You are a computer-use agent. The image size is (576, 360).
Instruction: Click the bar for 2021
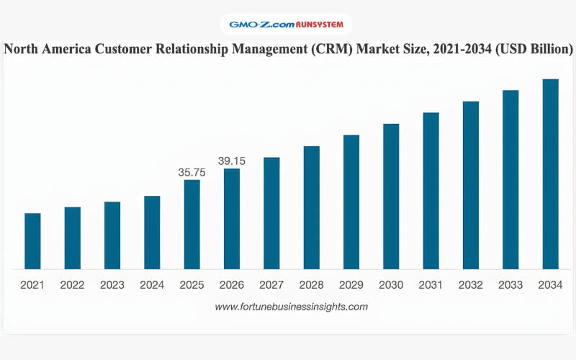click(x=32, y=241)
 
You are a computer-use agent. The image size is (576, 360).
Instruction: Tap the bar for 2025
click(x=192, y=225)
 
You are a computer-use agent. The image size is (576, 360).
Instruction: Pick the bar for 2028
click(x=311, y=208)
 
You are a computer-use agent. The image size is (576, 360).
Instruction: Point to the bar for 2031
click(x=431, y=191)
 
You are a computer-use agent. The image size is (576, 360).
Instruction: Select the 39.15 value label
click(x=232, y=161)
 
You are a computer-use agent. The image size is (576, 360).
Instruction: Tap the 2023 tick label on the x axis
click(x=112, y=285)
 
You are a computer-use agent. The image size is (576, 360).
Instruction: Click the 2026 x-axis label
click(x=232, y=285)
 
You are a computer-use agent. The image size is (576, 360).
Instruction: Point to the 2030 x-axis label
click(x=391, y=285)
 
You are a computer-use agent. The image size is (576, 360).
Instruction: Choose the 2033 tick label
click(x=510, y=285)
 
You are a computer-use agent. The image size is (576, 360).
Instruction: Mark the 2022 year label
click(x=73, y=285)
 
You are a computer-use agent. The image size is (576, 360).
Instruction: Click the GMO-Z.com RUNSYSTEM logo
click(x=287, y=24)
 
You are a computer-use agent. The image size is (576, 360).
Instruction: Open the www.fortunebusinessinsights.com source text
click(x=292, y=307)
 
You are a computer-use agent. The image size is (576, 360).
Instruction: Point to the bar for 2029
click(x=351, y=202)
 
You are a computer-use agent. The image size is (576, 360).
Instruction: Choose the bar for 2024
click(x=152, y=233)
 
